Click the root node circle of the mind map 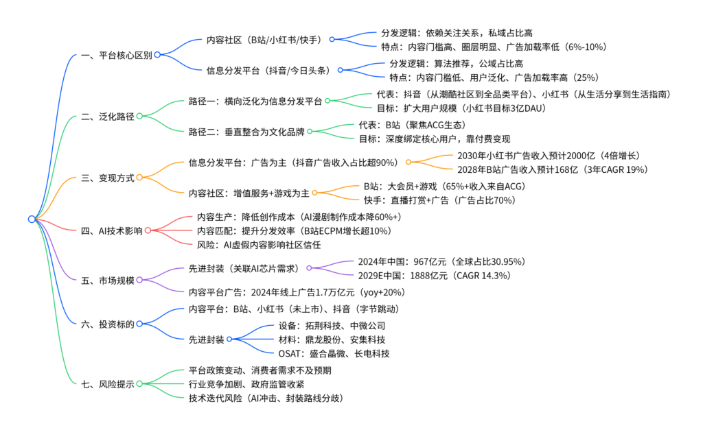point(32,219)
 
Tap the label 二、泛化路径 point(108,116)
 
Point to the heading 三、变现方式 point(108,177)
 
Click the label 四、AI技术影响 point(112,230)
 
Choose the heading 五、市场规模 point(108,279)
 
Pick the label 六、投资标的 point(108,324)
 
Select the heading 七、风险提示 point(108,383)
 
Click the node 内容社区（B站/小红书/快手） point(266,39)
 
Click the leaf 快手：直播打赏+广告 point(439,200)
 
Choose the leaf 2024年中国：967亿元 point(441,261)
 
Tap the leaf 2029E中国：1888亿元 point(433,276)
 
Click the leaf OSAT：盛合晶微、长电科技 point(334,354)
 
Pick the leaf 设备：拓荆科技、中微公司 point(332,325)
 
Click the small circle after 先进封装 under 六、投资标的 point(229,339)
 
